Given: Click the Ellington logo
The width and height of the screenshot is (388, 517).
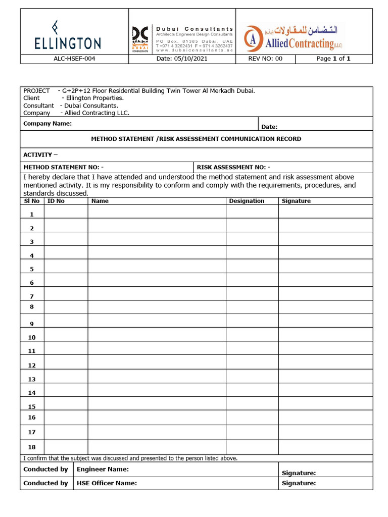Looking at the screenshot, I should [x=68, y=35].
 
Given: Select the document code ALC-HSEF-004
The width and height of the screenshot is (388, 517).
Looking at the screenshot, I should [x=74, y=59].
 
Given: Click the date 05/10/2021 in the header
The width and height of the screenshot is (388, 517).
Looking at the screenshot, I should [x=182, y=59].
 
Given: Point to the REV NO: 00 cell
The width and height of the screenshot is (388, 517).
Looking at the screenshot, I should [x=265, y=59].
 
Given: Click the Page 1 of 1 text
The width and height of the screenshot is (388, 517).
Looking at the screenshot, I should [x=333, y=59].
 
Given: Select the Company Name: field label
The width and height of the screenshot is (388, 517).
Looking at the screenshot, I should [x=47, y=124].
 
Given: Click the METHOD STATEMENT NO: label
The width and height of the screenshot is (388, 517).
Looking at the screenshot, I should [x=64, y=167].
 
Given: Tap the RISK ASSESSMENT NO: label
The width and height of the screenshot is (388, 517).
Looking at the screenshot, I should [x=233, y=167].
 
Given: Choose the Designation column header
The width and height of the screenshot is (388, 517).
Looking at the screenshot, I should [x=247, y=201].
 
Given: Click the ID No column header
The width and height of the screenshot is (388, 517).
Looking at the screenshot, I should [x=56, y=201].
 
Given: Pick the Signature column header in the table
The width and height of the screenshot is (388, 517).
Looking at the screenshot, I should [x=296, y=201].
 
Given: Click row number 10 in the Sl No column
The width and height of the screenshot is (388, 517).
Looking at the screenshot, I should [x=32, y=337].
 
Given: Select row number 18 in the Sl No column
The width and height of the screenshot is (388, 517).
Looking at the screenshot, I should [x=32, y=446].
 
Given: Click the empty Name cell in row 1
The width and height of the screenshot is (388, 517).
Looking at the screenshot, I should [x=157, y=212].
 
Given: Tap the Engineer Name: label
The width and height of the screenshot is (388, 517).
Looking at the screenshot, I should [x=103, y=470].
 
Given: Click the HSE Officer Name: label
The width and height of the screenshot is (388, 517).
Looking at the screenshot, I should [x=107, y=483].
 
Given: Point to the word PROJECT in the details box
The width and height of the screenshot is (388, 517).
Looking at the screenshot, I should [x=36, y=91].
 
